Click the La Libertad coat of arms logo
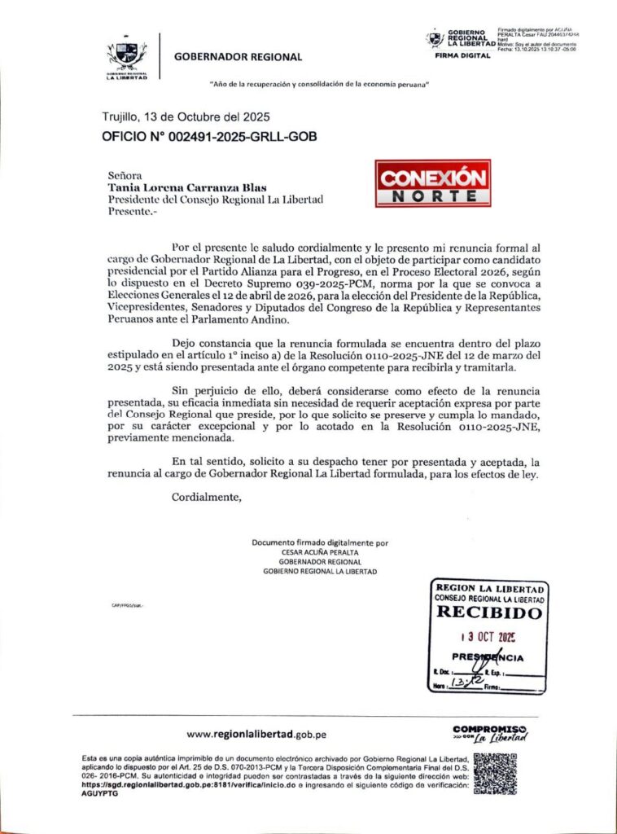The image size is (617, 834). click(126, 58)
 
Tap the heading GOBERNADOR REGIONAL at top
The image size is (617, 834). click(238, 57)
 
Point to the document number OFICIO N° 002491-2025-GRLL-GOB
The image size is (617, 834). click(209, 136)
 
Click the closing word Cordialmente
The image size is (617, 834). click(207, 498)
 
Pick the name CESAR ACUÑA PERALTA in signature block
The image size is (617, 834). click(320, 551)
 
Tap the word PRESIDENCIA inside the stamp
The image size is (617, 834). click(487, 658)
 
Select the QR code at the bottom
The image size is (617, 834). click(496, 774)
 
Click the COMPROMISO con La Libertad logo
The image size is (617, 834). click(489, 733)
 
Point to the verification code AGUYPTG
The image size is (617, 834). click(100, 793)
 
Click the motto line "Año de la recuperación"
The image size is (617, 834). click(319, 85)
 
